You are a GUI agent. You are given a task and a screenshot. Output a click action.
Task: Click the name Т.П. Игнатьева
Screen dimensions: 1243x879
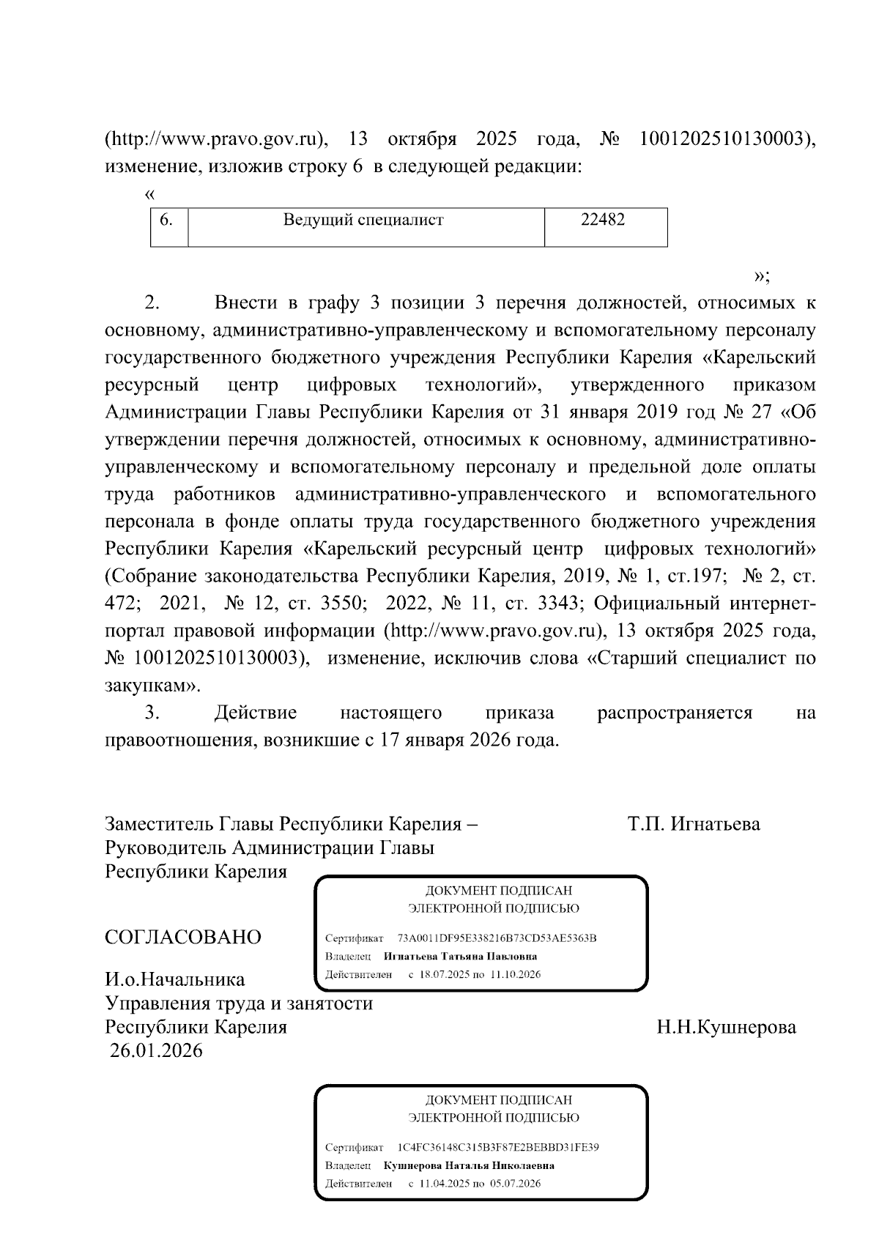(693, 824)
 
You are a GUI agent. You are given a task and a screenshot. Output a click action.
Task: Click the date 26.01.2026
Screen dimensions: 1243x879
(156, 1051)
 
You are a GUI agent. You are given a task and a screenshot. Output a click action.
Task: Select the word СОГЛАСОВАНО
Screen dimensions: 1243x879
(183, 937)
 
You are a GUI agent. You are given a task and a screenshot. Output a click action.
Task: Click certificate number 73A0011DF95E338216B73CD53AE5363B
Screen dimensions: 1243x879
(497, 938)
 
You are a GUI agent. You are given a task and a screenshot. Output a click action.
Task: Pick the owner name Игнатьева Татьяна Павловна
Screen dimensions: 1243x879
(460, 957)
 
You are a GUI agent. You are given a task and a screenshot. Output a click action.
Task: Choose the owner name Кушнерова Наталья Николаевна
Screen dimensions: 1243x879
(469, 1165)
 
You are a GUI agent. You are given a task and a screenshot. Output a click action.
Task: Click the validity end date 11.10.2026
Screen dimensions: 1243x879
(515, 975)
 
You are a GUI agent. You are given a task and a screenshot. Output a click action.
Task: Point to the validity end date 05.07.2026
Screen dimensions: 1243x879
(515, 1184)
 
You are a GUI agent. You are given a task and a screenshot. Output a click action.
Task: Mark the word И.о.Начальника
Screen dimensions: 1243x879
(175, 979)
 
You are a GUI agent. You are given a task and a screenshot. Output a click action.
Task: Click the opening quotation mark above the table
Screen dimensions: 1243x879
(150, 195)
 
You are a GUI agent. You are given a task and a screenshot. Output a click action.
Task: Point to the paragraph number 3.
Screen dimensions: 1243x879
(152, 713)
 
